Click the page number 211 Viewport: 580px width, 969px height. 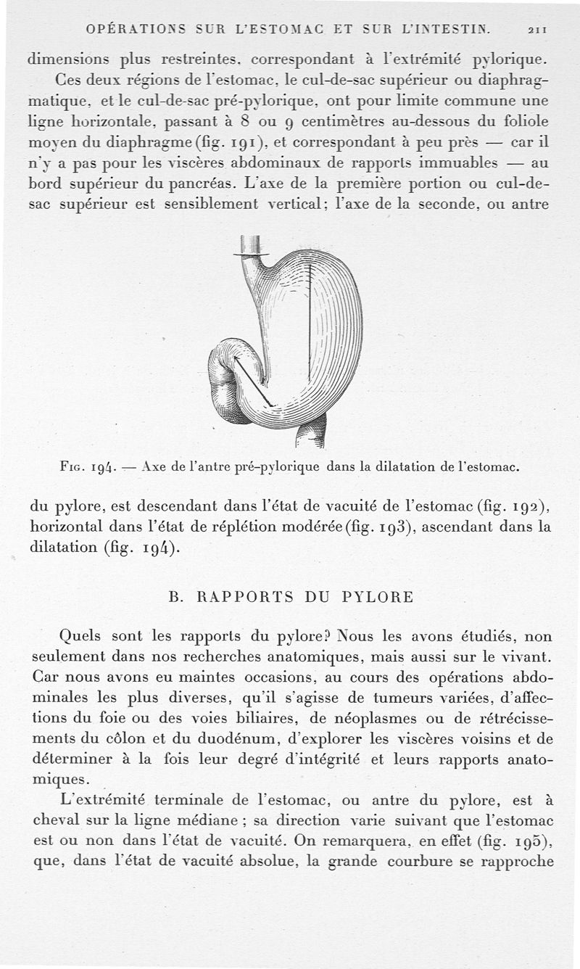[x=537, y=30]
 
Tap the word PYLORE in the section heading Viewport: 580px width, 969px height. [x=376, y=598]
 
